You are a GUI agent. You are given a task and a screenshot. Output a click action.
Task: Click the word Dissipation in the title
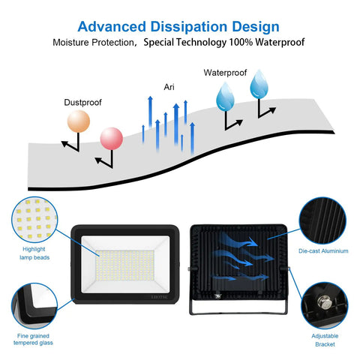click(x=190, y=27)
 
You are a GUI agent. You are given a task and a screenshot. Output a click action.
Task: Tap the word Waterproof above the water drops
click(x=225, y=73)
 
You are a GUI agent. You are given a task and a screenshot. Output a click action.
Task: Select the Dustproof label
click(x=82, y=103)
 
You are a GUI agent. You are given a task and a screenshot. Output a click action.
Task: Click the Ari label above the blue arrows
click(x=169, y=87)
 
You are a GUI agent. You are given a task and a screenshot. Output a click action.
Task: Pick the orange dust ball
click(x=79, y=121)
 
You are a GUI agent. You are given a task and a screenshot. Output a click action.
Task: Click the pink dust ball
click(x=112, y=139)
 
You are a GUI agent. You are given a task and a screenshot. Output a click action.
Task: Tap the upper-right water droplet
click(x=259, y=84)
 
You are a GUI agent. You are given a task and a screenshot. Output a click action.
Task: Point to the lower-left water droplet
click(x=225, y=97)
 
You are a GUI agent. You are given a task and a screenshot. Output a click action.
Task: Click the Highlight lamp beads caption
click(x=34, y=253)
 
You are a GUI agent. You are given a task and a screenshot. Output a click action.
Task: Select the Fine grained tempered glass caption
click(x=33, y=339)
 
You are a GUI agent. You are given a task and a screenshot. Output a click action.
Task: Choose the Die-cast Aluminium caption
click(x=323, y=251)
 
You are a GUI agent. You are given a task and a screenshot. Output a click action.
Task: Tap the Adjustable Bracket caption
click(x=325, y=340)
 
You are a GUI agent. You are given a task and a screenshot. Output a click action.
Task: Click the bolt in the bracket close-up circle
click(x=323, y=302)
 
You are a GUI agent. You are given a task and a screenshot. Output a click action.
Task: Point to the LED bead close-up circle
click(x=34, y=220)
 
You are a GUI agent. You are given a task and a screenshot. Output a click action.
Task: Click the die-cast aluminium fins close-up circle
click(x=322, y=220)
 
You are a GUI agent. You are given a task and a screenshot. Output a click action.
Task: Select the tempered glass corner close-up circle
click(x=34, y=306)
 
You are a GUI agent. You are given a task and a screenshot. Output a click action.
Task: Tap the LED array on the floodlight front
click(x=124, y=265)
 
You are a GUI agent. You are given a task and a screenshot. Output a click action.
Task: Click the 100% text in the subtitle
click(x=241, y=42)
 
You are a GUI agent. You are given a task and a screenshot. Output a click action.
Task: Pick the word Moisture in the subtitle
click(x=70, y=42)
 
